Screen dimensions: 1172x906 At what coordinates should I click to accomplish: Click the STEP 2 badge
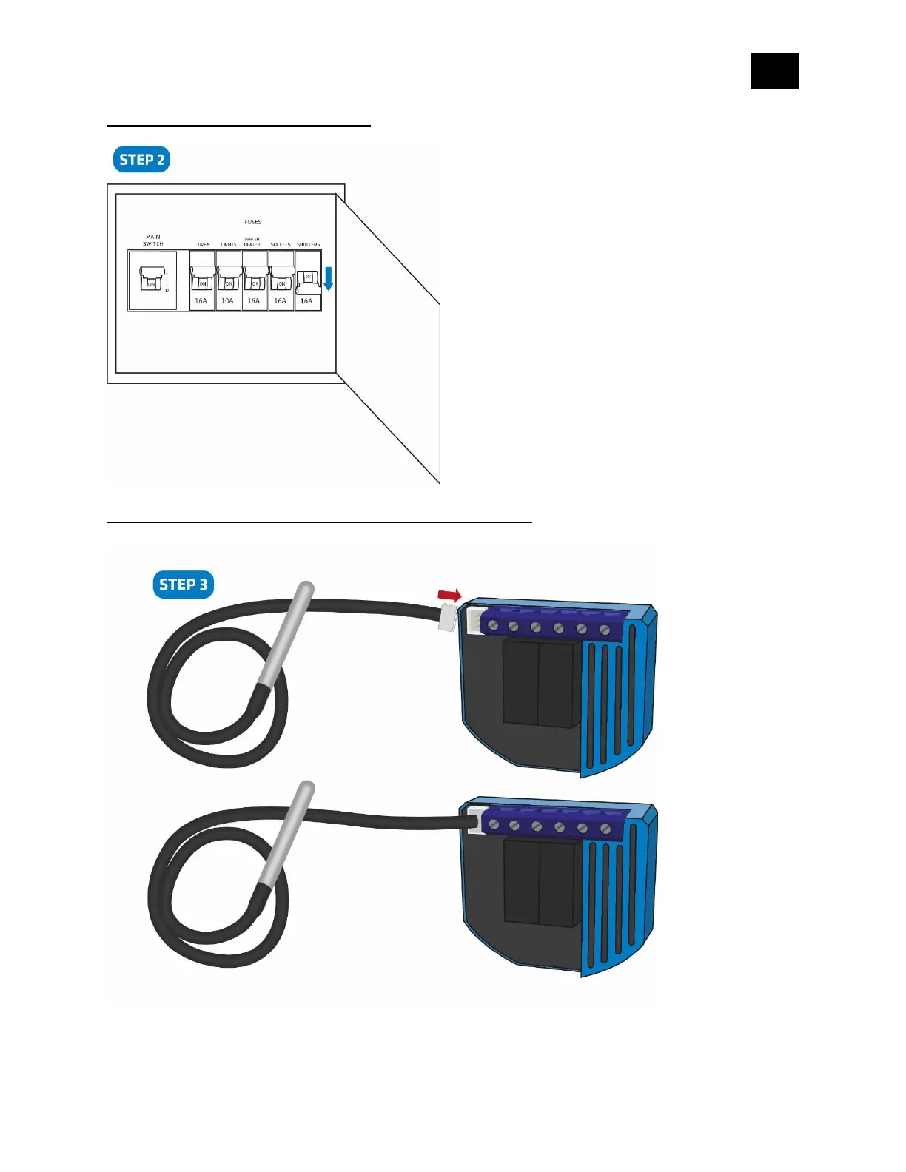[141, 160]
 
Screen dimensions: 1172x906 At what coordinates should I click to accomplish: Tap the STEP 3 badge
[183, 585]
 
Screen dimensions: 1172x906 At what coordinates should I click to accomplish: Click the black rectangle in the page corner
[774, 71]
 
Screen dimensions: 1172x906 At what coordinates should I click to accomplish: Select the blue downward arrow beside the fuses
[329, 278]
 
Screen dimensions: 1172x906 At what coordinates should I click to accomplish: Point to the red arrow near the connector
[449, 595]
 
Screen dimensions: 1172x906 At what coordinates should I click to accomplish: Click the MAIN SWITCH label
[153, 240]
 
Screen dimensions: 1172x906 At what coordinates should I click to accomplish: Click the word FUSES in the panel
[253, 222]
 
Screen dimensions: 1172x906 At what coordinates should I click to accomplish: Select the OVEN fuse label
[204, 244]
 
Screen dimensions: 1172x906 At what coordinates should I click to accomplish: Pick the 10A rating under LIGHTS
[227, 301]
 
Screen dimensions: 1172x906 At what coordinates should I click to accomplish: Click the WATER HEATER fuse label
[252, 242]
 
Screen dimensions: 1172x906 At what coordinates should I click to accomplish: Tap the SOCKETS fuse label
[281, 244]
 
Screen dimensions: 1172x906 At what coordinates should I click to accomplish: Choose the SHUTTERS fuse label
[309, 244]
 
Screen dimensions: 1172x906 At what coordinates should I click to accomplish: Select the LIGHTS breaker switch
[229, 280]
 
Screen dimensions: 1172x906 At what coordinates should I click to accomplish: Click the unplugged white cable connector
[447, 617]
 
